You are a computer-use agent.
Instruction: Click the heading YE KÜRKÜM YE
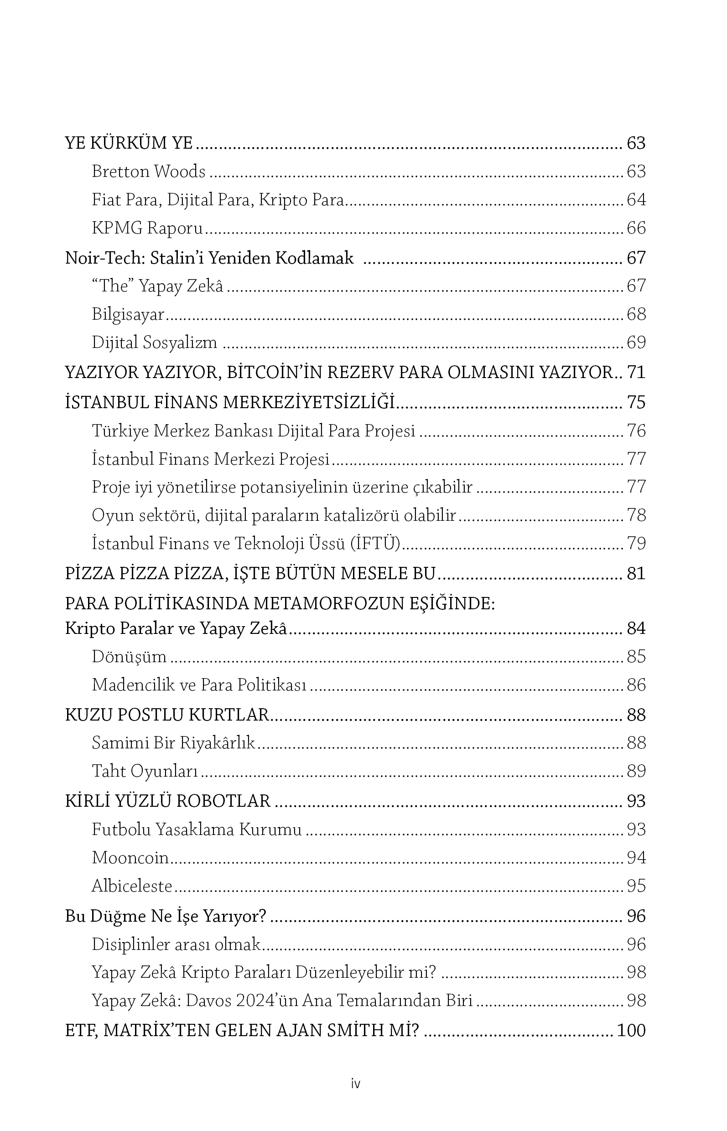pos(129,143)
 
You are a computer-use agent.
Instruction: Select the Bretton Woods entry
pos(149,171)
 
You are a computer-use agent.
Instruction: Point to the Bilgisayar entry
pos(128,314)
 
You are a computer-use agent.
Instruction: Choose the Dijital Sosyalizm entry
pos(154,342)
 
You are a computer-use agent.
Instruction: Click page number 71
pos(636,373)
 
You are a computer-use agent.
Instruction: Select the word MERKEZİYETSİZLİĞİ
pos(308,402)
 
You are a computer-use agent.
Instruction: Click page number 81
pos(636,574)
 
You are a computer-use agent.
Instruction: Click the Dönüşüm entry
pos(129,657)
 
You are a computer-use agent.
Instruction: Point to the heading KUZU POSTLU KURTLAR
pos(166,715)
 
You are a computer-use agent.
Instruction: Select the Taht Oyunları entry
pos(145,771)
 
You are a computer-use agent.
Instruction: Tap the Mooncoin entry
pos(130,857)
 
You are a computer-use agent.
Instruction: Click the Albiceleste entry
pos(132,886)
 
